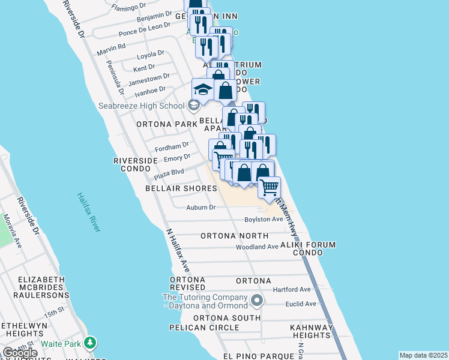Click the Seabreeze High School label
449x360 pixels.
click(x=141, y=106)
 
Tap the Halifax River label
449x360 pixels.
click(x=88, y=213)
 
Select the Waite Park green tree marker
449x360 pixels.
click(x=90, y=343)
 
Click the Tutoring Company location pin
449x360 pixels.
click(x=257, y=300)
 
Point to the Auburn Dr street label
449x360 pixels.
click(x=200, y=208)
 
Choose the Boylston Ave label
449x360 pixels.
click(x=264, y=220)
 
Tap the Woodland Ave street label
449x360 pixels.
click(x=257, y=247)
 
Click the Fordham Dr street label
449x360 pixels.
click(x=172, y=146)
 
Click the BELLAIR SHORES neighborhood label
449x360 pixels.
click(x=181, y=188)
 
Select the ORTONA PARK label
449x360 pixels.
click(x=167, y=124)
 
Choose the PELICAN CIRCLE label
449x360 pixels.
click(x=204, y=328)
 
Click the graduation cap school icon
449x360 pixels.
click(x=203, y=90)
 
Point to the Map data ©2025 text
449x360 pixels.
click(x=423, y=355)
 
